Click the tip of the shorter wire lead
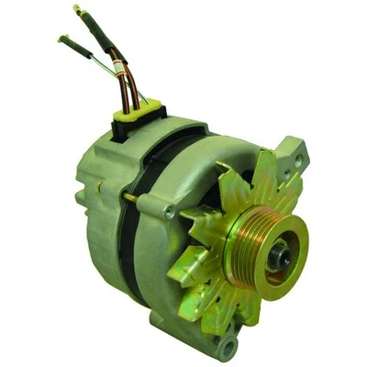click(x=62, y=39)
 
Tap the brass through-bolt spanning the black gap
click(x=128, y=196)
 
